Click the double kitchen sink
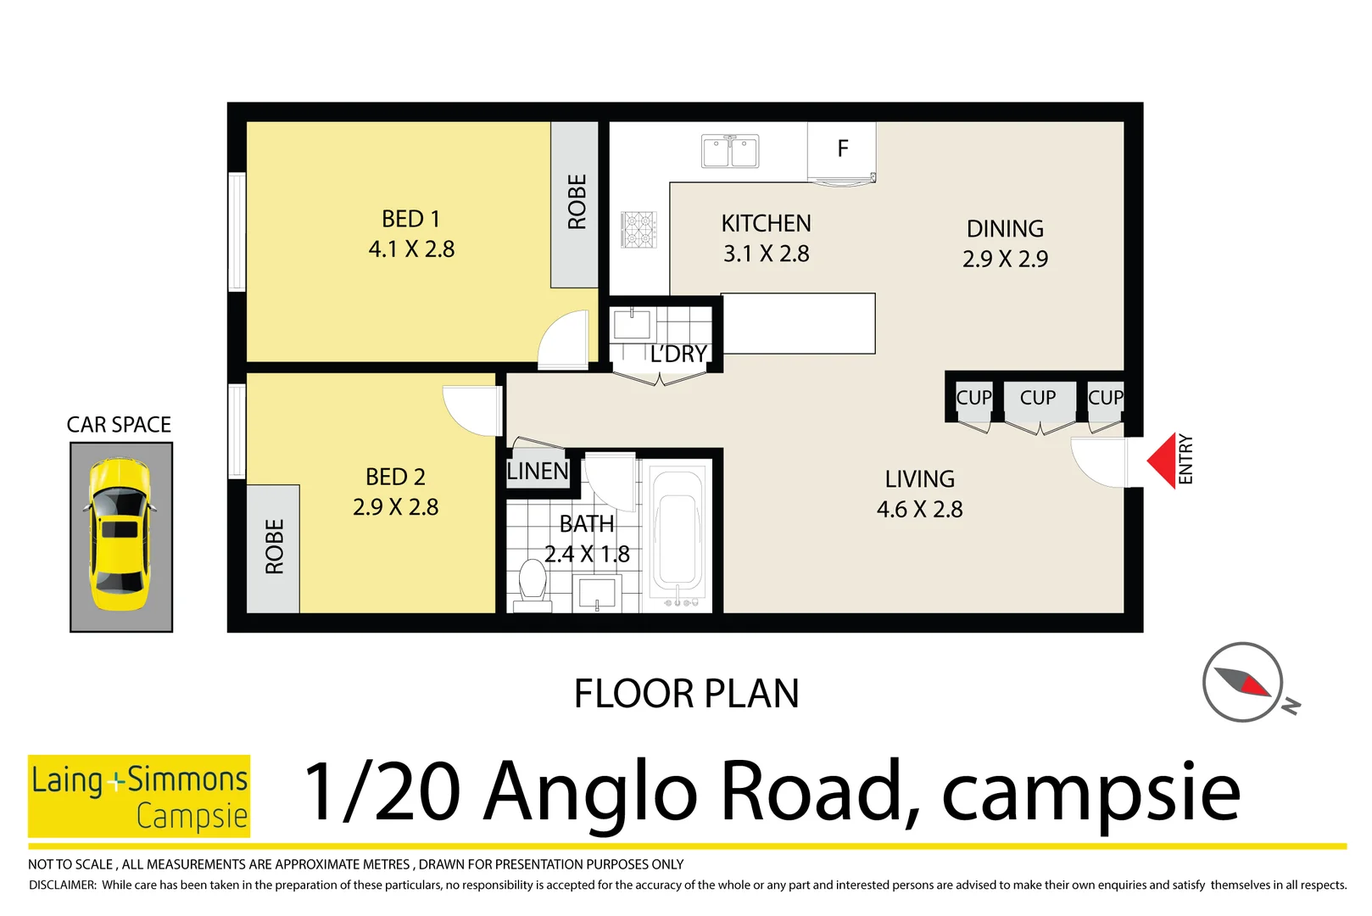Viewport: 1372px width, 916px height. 730,152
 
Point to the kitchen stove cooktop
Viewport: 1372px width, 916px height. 639,230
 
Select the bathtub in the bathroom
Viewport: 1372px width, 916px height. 677,534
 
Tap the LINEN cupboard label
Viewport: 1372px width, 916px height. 538,472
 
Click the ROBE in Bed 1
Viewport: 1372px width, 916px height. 576,204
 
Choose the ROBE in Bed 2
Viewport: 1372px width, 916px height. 273,548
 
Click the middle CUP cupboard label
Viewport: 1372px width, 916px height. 1038,398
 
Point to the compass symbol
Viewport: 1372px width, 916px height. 1243,682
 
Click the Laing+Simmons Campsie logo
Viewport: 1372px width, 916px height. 139,796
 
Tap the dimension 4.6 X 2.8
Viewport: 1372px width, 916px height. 919,510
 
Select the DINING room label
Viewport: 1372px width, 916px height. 1005,229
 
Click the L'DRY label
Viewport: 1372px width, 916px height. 678,355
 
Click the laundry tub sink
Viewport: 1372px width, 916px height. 632,325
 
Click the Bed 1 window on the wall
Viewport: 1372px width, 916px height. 237,232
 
